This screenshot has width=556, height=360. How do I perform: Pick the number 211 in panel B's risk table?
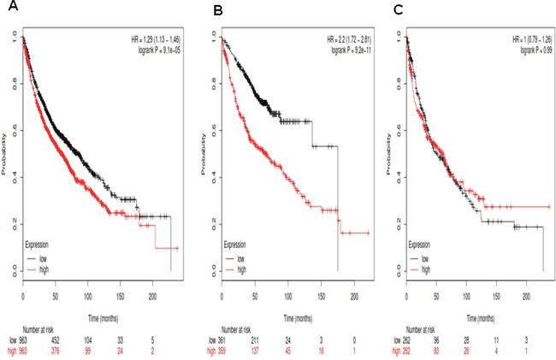(x=256, y=339)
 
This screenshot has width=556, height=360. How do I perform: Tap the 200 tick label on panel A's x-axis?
(x=152, y=296)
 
